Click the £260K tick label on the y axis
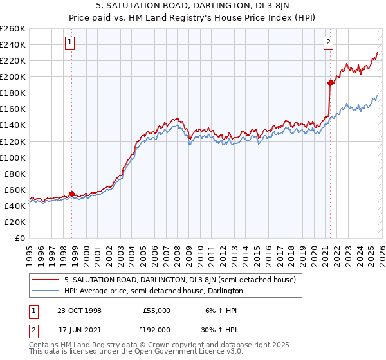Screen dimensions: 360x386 (x=13, y=29)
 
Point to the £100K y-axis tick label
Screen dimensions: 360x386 (x=13, y=157)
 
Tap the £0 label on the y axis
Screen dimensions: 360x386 (x=20, y=238)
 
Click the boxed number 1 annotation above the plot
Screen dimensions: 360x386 (x=69, y=43)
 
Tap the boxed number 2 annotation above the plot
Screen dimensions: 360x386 (x=328, y=43)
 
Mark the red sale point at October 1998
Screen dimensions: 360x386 (x=71, y=194)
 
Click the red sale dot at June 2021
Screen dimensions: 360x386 (x=330, y=83)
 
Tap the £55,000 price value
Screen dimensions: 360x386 (x=156, y=310)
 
